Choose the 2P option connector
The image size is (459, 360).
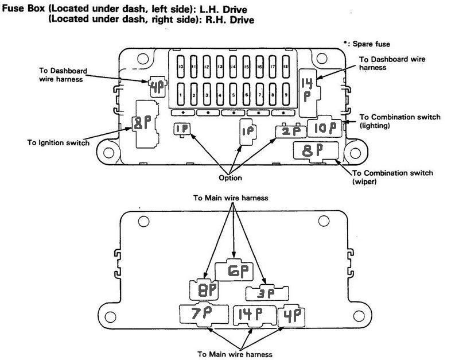[x=290, y=131]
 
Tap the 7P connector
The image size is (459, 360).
[x=204, y=315]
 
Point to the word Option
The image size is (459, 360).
[x=229, y=178]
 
